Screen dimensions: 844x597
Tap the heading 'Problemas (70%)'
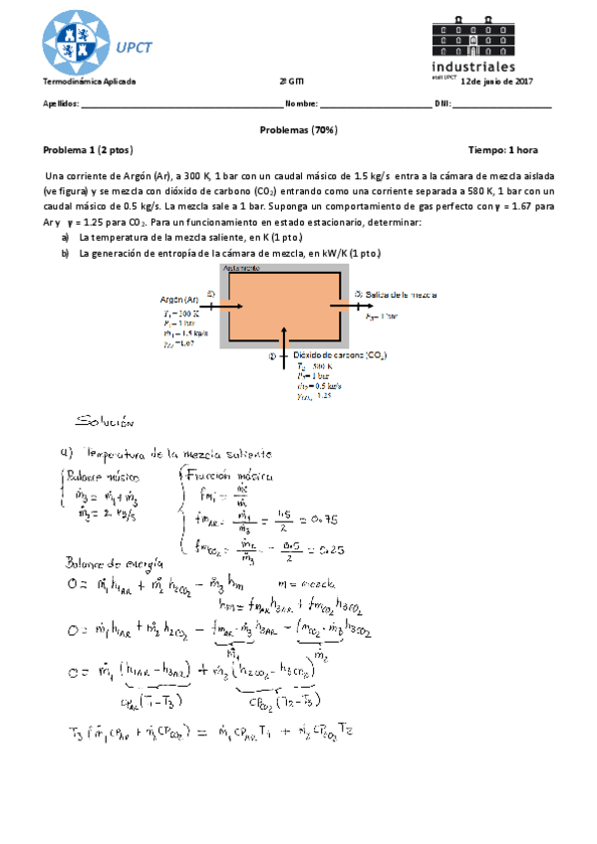pyautogui.click(x=298, y=129)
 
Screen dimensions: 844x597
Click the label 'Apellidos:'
pyautogui.click(x=60, y=103)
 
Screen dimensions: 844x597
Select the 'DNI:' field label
pyautogui.click(x=444, y=103)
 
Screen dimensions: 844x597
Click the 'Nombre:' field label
pyautogui.click(x=301, y=103)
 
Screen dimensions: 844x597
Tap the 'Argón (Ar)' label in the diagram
pyautogui.click(x=180, y=299)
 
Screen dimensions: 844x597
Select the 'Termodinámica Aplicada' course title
pyautogui.click(x=89, y=81)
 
